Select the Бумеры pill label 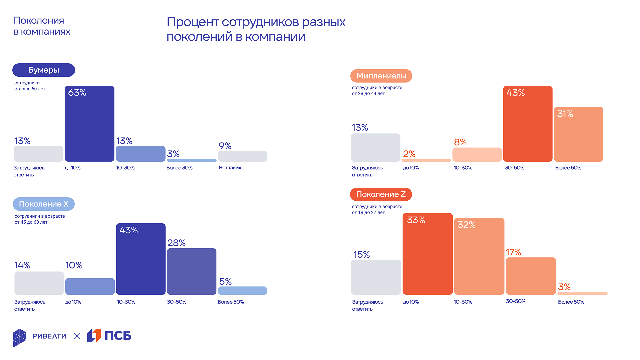click(x=44, y=70)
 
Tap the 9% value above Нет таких click(x=225, y=146)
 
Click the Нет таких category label click(x=230, y=168)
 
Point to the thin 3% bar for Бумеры click(x=191, y=160)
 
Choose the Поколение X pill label click(x=44, y=204)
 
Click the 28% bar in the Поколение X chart click(x=191, y=271)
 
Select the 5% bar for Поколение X click(x=242, y=291)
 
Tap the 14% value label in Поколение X click(x=22, y=265)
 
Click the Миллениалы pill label click(x=381, y=76)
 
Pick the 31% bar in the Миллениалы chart click(x=578, y=134)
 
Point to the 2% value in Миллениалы click(x=409, y=154)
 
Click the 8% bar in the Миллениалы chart click(x=477, y=155)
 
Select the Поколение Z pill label click(x=381, y=194)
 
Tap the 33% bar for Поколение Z click(x=427, y=254)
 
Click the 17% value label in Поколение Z click(x=513, y=252)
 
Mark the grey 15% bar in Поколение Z click(x=376, y=277)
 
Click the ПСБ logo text click(x=118, y=336)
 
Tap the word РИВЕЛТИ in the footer click(x=49, y=336)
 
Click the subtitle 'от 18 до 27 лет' click(x=368, y=212)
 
